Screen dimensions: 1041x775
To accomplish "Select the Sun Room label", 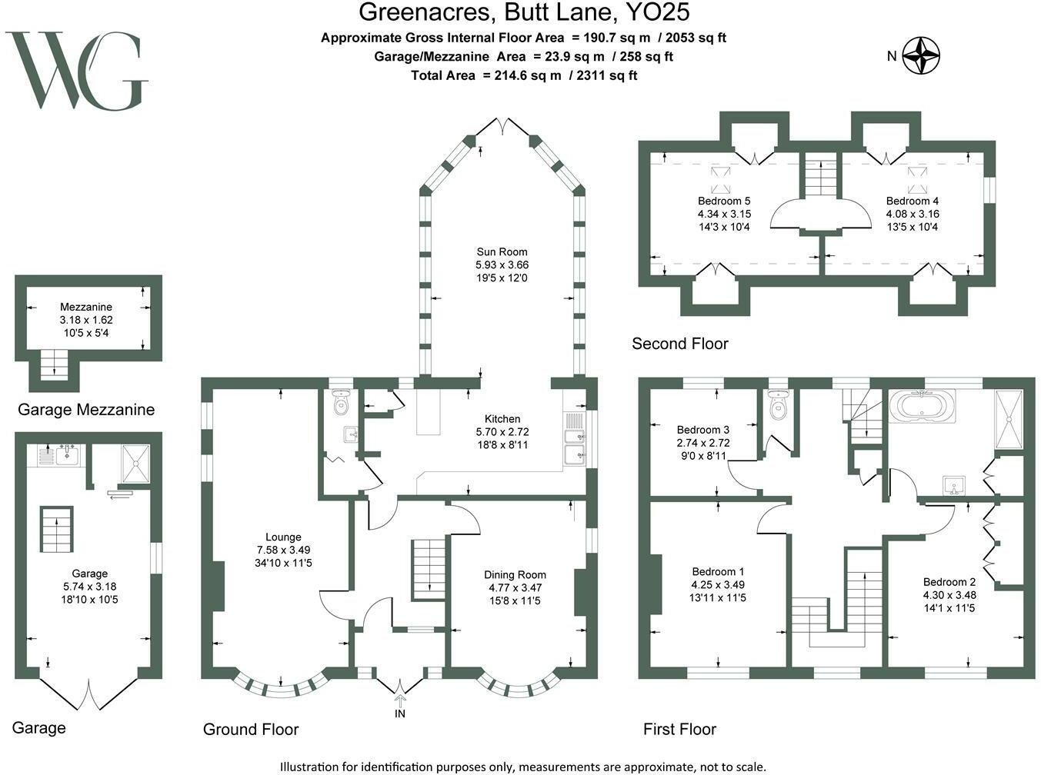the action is [x=502, y=252].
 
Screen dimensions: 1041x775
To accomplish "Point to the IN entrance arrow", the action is [x=400, y=701].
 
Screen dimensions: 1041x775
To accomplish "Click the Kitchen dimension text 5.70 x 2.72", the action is [x=502, y=431].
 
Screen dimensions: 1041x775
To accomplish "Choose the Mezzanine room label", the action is [x=86, y=307].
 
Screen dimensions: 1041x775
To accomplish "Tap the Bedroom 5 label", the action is [x=724, y=201].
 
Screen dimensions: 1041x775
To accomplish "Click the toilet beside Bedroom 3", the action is [x=779, y=404].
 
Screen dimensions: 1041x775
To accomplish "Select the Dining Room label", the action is [x=515, y=574].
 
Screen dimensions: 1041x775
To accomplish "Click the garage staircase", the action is [x=56, y=529].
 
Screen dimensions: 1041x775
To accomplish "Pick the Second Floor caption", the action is [x=679, y=344].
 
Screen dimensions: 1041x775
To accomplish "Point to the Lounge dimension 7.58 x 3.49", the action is [x=283, y=550].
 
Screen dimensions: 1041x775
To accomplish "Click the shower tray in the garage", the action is [x=135, y=464].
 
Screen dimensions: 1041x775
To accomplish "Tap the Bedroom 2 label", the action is [x=949, y=582].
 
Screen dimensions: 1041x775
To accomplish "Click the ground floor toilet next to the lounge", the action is [x=341, y=403].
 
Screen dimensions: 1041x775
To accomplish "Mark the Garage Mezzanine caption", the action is [x=86, y=410].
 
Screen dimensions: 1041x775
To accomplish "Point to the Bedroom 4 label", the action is [x=912, y=201].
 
